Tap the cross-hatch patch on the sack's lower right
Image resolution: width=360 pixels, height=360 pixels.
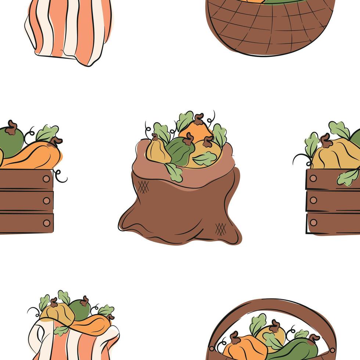[x=220, y=229]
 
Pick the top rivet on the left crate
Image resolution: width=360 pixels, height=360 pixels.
[x=46, y=179]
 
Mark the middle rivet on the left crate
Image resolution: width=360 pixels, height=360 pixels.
[x=46, y=201]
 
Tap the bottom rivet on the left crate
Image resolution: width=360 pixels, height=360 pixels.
[x=46, y=223]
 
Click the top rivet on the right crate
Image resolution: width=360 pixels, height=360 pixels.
[x=313, y=178]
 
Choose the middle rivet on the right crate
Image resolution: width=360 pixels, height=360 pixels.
[x=313, y=200]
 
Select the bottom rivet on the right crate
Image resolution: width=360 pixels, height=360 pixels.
[x=313, y=222]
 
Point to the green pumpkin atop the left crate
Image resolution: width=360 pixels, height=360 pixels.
[x=10, y=141]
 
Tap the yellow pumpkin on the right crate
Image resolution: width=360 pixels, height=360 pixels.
[x=334, y=154]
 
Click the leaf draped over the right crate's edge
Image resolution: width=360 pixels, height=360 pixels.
[x=348, y=177]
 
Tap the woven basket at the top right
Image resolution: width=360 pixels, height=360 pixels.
[x=270, y=28]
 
